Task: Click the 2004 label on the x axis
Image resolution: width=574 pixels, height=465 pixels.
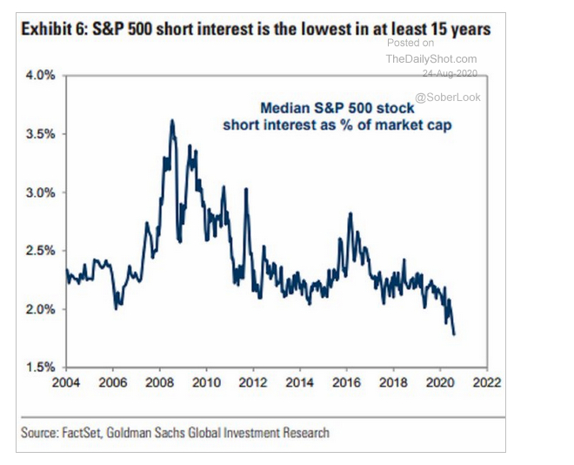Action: (66, 381)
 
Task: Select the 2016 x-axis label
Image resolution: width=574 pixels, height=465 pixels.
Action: (347, 381)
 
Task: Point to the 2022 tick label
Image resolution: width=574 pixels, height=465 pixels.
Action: (487, 381)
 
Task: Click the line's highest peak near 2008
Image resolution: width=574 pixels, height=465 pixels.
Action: (172, 120)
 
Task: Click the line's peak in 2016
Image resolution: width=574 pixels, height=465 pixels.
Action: (349, 213)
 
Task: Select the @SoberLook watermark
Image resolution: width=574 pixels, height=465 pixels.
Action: (447, 97)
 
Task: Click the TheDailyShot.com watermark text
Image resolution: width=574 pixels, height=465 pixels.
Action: (431, 58)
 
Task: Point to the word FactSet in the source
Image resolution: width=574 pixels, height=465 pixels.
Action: (83, 432)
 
